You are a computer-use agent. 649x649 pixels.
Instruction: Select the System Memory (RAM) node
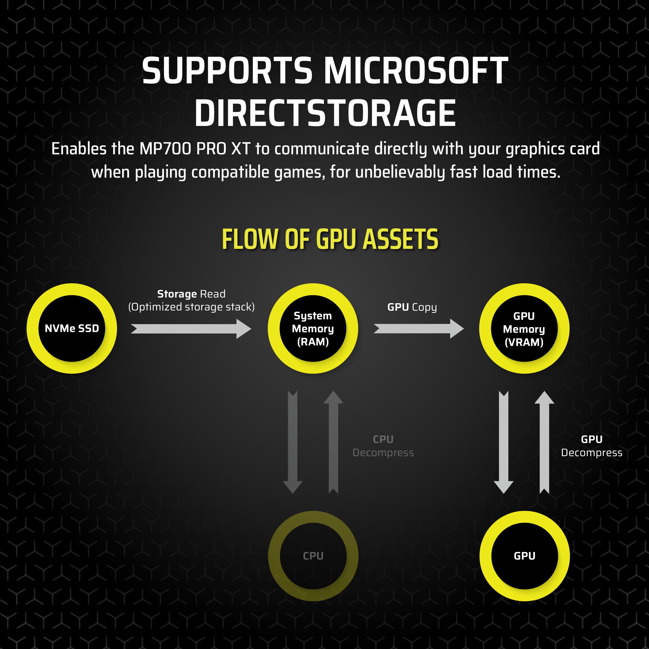[x=313, y=328]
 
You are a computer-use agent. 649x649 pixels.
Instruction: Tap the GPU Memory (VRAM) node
[x=524, y=328]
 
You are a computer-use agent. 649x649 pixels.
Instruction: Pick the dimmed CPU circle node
[x=313, y=556]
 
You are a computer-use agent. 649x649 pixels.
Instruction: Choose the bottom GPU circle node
[x=524, y=556]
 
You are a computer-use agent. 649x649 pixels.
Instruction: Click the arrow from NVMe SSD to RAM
[x=191, y=328]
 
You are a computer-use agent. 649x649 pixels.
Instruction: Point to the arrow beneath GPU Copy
[x=419, y=328]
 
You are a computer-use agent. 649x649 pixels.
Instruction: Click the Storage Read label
[x=191, y=294]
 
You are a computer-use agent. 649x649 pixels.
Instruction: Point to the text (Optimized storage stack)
[x=191, y=307]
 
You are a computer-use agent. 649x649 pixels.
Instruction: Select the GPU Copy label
[x=412, y=307]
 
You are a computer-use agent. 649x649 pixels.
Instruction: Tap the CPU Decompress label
[x=383, y=446]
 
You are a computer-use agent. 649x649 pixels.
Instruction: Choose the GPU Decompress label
[x=591, y=446]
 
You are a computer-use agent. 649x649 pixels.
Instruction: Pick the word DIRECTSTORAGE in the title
[x=325, y=113]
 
